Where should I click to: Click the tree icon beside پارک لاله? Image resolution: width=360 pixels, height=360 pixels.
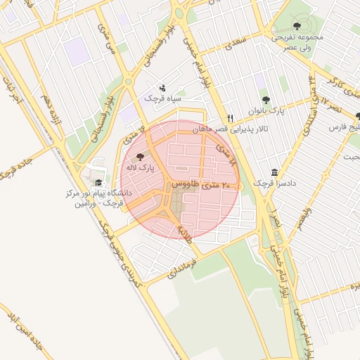pyautogui.click(x=139, y=157)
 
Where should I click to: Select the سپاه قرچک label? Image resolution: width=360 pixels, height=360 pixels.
pyautogui.click(x=163, y=99)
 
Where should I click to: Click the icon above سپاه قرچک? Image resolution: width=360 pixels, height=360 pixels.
pyautogui.click(x=163, y=89)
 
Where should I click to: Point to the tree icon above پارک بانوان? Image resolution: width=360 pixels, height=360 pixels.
pyautogui.click(x=266, y=100)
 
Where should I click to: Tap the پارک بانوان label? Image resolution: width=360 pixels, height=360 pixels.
pyautogui.click(x=266, y=111)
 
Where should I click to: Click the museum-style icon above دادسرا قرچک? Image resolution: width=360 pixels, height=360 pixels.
pyautogui.click(x=274, y=172)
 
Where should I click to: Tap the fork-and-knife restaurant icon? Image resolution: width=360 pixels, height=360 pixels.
pyautogui.click(x=229, y=118)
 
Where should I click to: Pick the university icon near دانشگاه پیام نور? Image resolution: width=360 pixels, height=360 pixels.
pyautogui.click(x=97, y=183)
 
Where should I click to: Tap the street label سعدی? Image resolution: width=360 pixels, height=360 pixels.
pyautogui.click(x=233, y=44)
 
